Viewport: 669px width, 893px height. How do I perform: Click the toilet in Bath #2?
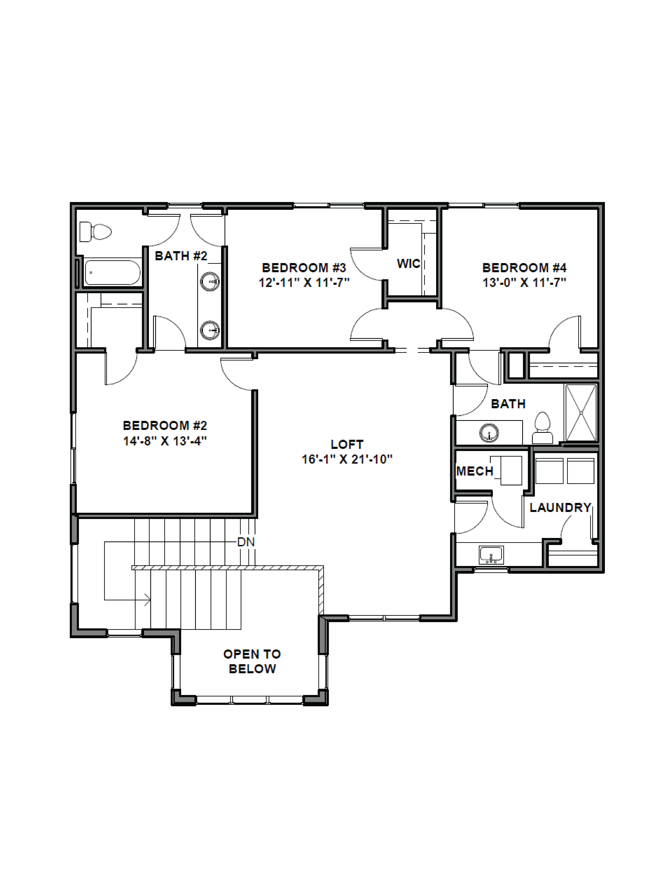95,232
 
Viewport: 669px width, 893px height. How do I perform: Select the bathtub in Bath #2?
112,273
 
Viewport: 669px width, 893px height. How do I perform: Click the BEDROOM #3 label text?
304,268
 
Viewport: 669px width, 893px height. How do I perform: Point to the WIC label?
408,264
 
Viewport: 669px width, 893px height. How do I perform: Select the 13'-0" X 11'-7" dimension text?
524,283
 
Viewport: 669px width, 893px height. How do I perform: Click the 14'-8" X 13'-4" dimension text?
165,441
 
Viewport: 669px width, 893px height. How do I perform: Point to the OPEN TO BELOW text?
252,661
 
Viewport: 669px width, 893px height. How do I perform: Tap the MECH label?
475,471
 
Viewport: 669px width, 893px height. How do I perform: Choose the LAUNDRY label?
560,507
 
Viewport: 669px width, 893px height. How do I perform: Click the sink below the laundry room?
491,555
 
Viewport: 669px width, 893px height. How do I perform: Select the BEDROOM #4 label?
524,268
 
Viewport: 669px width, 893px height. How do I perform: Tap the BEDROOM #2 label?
165,425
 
